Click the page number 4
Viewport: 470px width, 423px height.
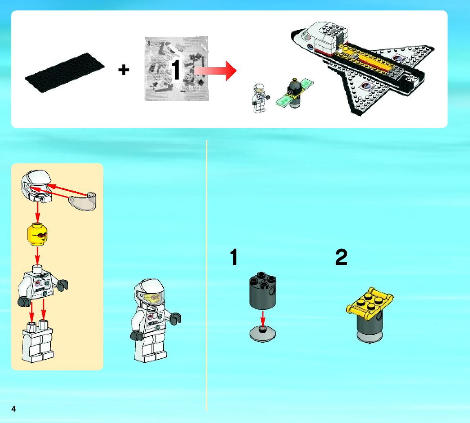click(14, 409)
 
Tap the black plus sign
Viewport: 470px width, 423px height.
click(124, 70)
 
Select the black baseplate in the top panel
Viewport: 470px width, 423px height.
click(65, 73)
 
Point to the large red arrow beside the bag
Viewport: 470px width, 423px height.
click(216, 71)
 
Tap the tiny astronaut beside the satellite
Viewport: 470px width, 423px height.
click(259, 97)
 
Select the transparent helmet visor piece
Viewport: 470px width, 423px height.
click(84, 202)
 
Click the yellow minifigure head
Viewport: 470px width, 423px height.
click(38, 235)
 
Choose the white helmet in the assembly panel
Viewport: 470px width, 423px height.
click(37, 186)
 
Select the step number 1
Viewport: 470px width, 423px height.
click(234, 258)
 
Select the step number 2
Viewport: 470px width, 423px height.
click(341, 258)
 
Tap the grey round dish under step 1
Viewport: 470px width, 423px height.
click(263, 334)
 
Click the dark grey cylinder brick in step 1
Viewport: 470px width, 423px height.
click(263, 291)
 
